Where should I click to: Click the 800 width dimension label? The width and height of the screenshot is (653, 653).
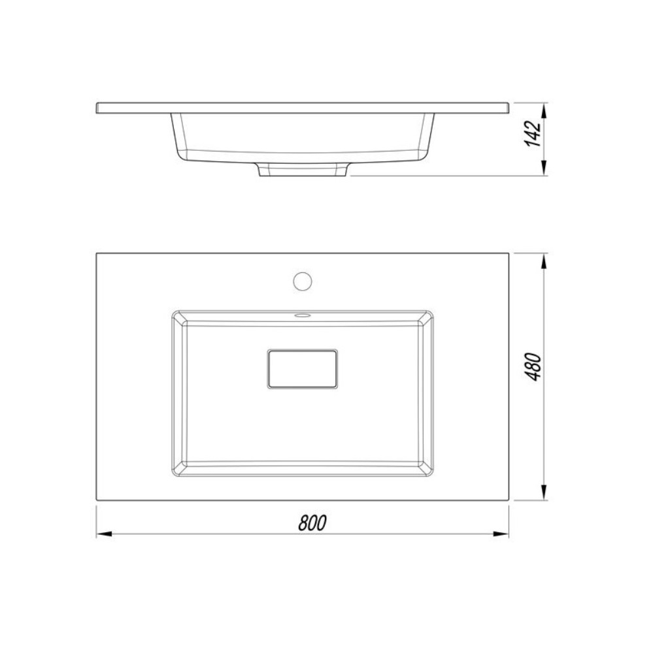coord(312,523)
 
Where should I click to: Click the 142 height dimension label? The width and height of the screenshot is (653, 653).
coord(533,134)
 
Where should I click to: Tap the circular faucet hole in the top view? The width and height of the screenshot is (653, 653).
coord(302,281)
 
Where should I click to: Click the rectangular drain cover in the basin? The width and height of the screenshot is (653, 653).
coord(302,369)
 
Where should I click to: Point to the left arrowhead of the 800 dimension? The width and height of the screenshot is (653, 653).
coord(104,534)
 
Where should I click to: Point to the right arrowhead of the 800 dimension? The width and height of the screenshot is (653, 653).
coord(501,534)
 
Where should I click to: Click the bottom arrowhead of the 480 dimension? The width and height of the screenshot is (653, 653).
coord(543,492)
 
